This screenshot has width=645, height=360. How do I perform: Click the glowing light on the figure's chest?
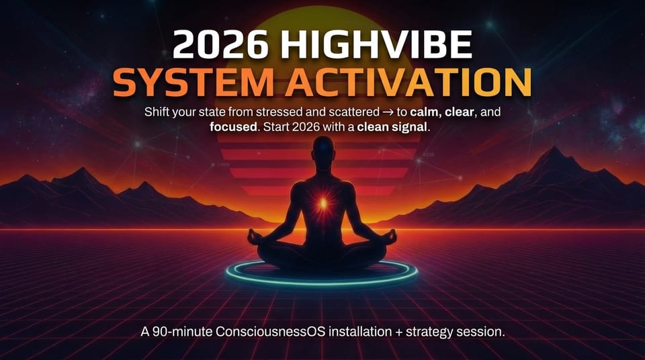pos(323,201)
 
